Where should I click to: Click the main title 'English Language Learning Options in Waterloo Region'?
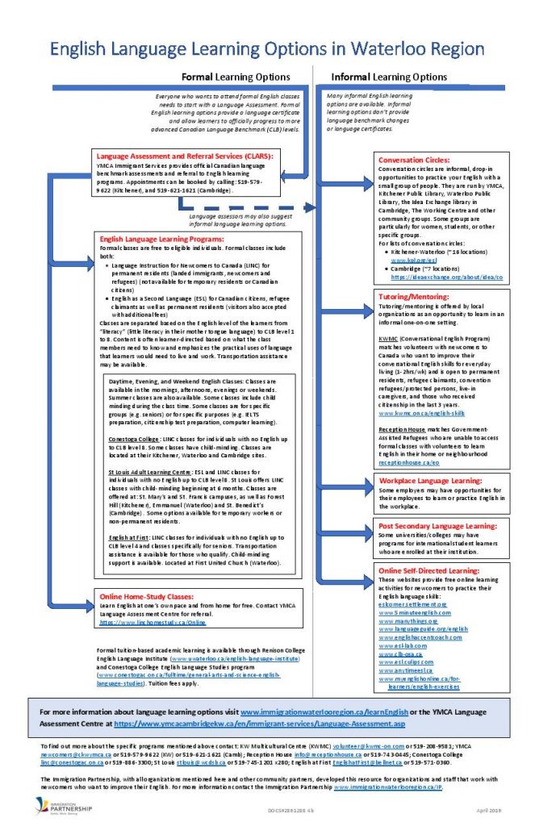point(268,49)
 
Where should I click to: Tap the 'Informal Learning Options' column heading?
point(389,77)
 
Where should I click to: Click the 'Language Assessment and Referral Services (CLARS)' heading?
point(185,156)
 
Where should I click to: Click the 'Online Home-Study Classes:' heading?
point(148,598)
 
